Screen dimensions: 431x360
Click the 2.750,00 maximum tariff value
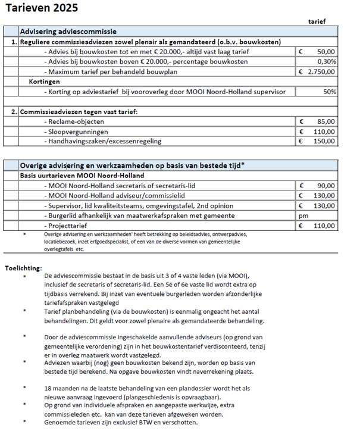click(321, 71)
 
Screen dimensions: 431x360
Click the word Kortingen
click(45, 82)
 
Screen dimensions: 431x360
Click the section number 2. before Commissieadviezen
click(14, 111)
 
